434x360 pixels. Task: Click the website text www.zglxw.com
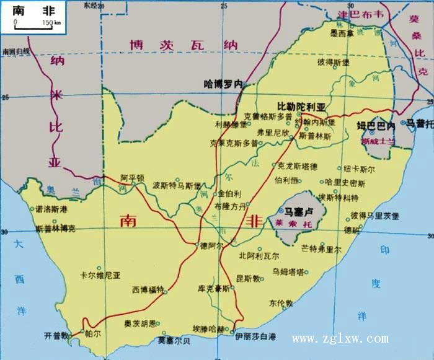(340, 339)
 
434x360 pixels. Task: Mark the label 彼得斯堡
(334, 63)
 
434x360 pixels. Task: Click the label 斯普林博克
(56, 229)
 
